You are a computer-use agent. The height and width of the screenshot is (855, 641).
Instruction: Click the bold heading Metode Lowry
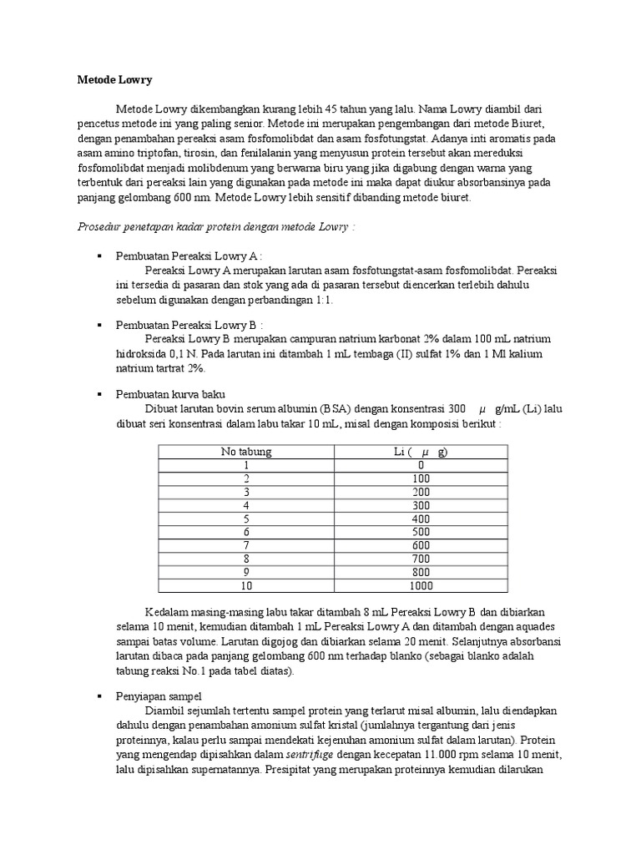click(109, 80)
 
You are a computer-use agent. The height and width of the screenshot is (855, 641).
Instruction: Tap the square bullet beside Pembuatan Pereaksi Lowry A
click(99, 256)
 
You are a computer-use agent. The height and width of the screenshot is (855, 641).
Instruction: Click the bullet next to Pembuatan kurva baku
click(99, 394)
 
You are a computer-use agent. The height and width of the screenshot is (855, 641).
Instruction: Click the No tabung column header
click(246, 452)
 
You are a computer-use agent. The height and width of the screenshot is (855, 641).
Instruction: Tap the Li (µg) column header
click(421, 452)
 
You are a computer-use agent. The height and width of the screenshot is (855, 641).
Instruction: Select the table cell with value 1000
click(421, 585)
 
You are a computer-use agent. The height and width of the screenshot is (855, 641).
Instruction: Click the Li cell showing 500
click(421, 532)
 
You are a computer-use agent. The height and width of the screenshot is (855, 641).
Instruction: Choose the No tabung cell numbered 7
click(246, 545)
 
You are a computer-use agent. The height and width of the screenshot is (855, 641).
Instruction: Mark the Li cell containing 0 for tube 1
click(421, 465)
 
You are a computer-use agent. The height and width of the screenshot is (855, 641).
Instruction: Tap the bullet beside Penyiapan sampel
click(99, 696)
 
